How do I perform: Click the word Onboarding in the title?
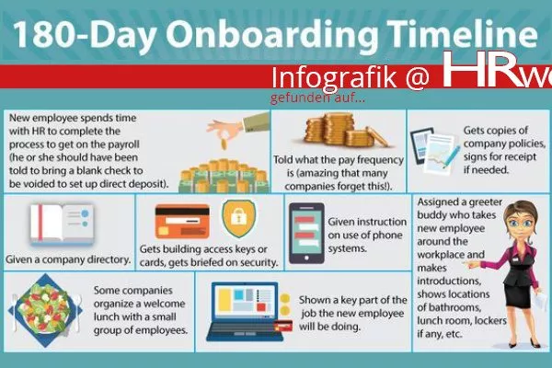[x=272, y=35]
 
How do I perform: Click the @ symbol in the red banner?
[x=418, y=77]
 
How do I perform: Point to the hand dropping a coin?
[x=239, y=125]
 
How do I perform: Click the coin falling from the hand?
[x=224, y=144]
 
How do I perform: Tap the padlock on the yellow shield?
[x=238, y=217]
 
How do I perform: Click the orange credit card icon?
[x=182, y=222]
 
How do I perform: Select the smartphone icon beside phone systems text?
[x=306, y=233]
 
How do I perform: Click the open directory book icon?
[x=62, y=224]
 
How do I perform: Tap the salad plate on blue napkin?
[x=45, y=310]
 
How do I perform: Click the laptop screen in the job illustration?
[x=246, y=301]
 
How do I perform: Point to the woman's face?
[x=521, y=221]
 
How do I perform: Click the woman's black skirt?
[x=518, y=295]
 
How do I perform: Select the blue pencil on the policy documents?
[x=452, y=156]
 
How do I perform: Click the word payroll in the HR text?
[x=120, y=144]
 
